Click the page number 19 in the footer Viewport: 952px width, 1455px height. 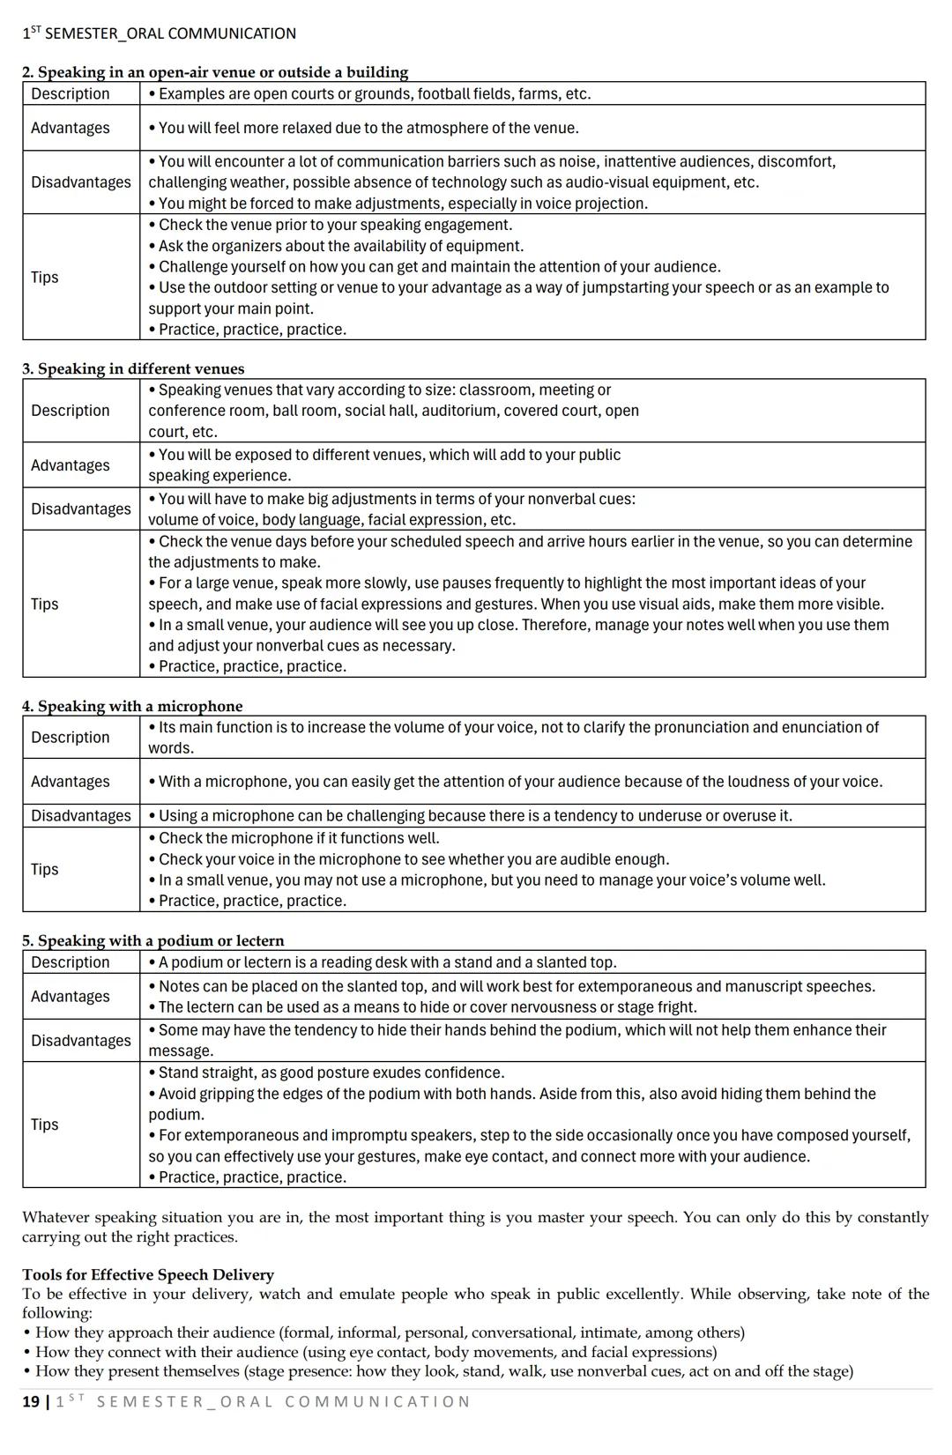click(31, 1401)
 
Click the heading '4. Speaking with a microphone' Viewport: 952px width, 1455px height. click(132, 706)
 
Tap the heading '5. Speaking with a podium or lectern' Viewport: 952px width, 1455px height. click(153, 940)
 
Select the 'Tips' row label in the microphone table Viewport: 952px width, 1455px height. click(45, 869)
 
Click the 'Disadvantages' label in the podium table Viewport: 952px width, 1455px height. click(80, 1040)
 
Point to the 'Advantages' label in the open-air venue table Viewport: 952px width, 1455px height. click(70, 128)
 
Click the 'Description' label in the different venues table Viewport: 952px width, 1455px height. click(70, 411)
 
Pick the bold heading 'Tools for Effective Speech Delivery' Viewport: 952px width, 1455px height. click(148, 1274)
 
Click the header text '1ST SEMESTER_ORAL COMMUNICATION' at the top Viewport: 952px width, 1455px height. click(159, 33)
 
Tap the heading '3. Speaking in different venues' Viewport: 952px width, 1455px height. click(133, 368)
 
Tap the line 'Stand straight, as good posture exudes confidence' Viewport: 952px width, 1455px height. click(331, 1073)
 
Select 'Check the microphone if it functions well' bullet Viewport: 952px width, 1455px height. click(298, 838)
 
